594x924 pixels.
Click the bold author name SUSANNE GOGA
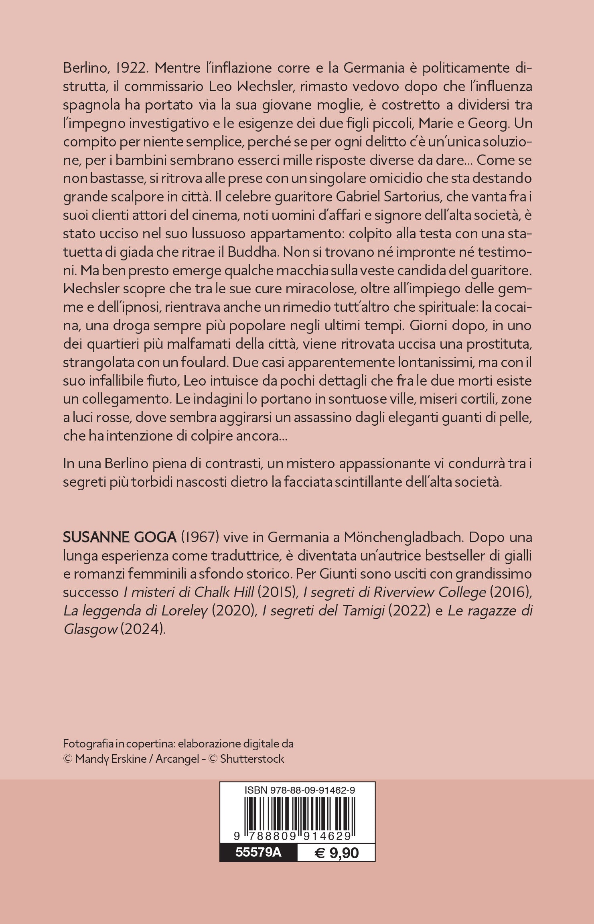point(120,537)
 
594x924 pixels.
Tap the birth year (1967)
point(199,537)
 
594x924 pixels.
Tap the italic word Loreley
point(184,611)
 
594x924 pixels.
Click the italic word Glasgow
point(90,630)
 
